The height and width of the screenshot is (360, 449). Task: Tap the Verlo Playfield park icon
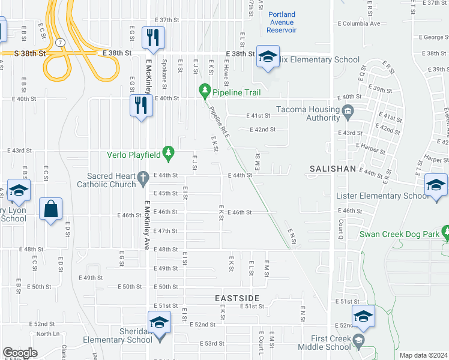tap(169, 154)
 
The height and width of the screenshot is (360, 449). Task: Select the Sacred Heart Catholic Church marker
tap(142, 178)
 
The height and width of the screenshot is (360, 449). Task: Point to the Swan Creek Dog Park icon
tap(445, 232)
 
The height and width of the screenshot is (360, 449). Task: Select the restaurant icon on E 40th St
tap(141, 106)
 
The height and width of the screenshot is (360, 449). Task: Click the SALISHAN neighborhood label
tap(333, 170)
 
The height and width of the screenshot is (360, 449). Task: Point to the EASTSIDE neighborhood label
tap(237, 298)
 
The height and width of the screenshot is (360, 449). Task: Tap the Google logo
tap(20, 353)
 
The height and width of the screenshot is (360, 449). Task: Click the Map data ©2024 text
tap(423, 355)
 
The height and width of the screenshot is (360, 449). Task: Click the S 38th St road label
tap(30, 53)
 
